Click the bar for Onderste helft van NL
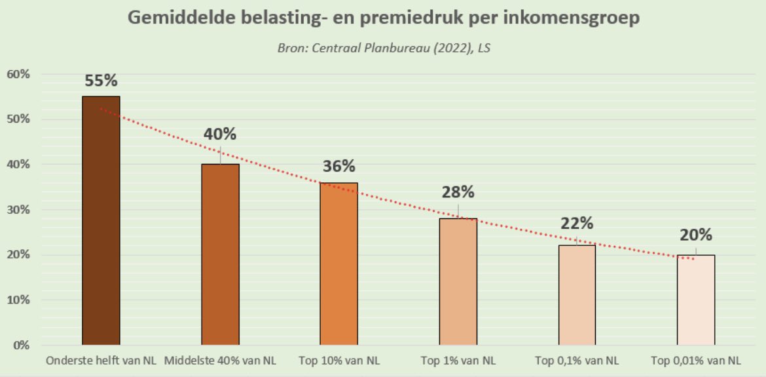point(101,220)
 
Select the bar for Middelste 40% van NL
point(220,254)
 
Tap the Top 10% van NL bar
point(339,264)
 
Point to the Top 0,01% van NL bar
point(696,300)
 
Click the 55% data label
point(101,81)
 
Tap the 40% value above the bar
point(220,134)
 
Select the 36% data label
point(339,167)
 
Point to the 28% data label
point(458,193)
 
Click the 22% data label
point(577,223)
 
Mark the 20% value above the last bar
point(696,235)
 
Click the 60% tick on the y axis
point(18,74)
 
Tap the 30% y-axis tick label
point(18,210)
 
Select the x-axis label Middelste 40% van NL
point(220,361)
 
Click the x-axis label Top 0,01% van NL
point(696,361)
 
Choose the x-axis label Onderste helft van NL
point(101,361)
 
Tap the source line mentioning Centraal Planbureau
point(383,48)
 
